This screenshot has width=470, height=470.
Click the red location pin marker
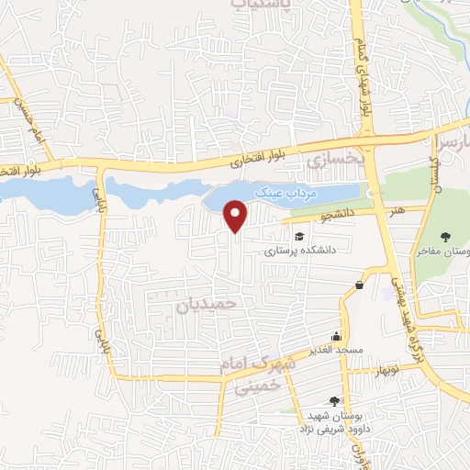[x=237, y=216]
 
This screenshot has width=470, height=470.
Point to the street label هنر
[x=397, y=210]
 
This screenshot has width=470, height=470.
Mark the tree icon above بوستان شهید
[x=333, y=401]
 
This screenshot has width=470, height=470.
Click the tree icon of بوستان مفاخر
[x=445, y=236]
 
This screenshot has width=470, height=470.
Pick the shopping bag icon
[x=358, y=285]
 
